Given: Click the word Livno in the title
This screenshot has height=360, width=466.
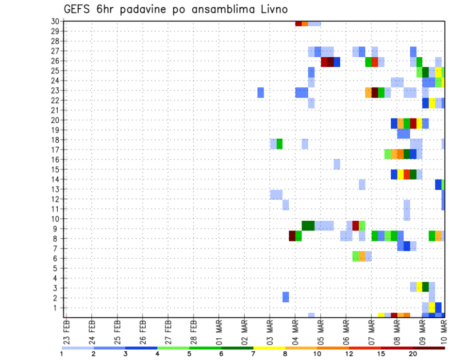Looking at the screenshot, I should coord(269,9).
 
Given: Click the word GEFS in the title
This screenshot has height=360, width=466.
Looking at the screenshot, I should coord(80,9).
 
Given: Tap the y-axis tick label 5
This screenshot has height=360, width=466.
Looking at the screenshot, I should coord(57,268).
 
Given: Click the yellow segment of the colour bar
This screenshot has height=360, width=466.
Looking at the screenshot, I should coord(269,348).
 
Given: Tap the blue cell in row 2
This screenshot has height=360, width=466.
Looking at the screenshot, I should coord(286,297).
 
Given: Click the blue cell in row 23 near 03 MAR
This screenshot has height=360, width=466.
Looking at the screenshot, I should coord(261,92).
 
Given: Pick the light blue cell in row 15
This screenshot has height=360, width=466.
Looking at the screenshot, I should coord(337,164).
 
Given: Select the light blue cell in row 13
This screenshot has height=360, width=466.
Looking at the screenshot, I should coord(362,184).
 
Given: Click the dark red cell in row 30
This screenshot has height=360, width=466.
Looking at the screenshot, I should coord(299,23).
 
